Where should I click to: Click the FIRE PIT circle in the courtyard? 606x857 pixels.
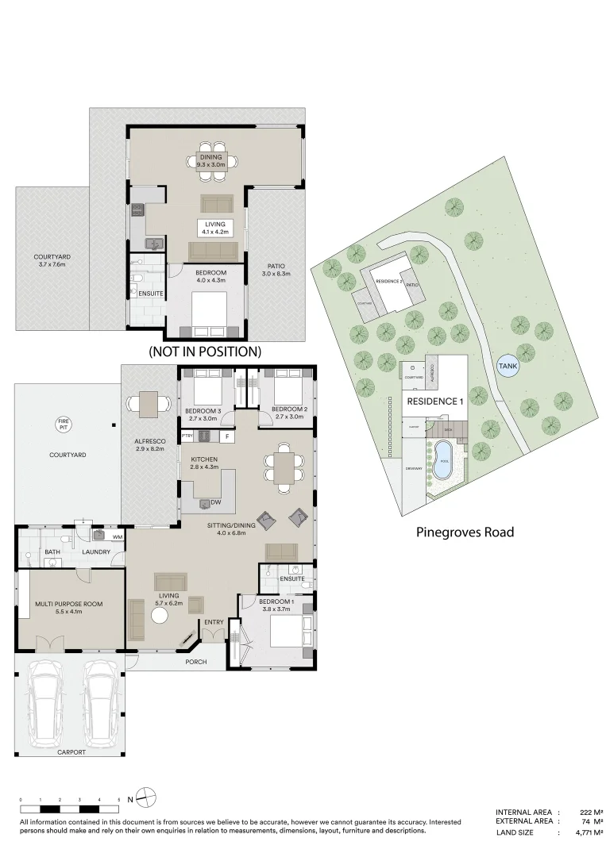62,424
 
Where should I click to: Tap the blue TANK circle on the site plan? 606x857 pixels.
506,366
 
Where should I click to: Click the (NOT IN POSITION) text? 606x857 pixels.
205,351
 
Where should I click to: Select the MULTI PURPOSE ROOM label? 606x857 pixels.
68,604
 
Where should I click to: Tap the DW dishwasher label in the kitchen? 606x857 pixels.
215,502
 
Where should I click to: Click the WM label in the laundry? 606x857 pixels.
117,537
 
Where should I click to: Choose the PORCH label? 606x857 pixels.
196,661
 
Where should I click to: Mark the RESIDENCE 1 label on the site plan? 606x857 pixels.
434,402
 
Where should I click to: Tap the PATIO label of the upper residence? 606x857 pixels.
276,266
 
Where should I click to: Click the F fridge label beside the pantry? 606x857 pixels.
226,436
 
